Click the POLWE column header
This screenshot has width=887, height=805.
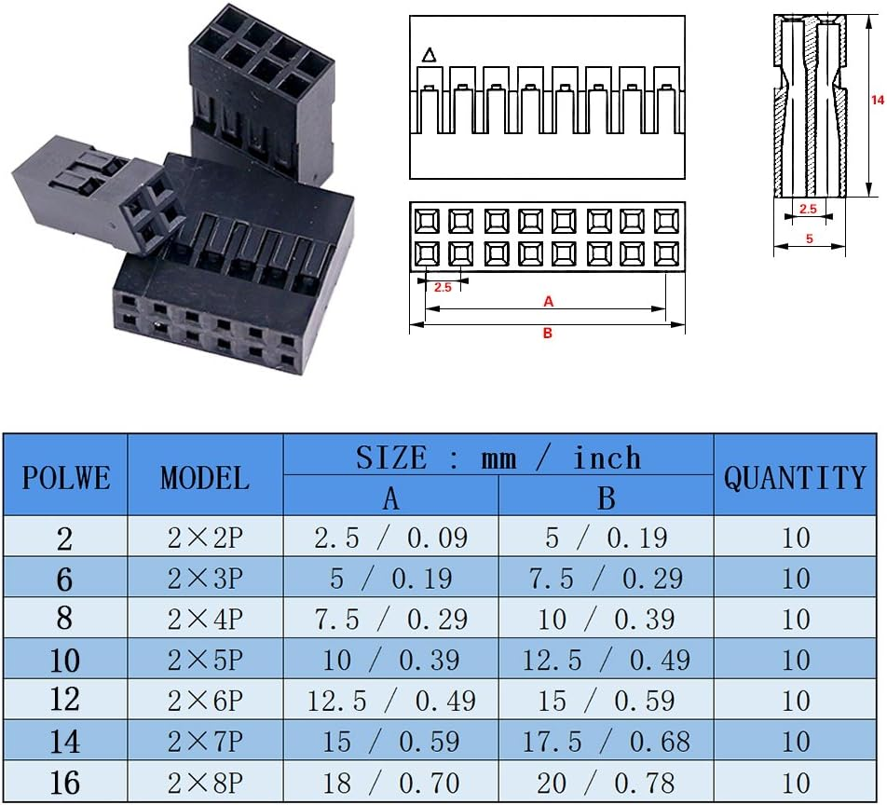pyautogui.click(x=65, y=476)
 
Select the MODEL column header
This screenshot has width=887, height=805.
pyautogui.click(x=205, y=476)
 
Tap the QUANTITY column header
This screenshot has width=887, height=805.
pyautogui.click(x=795, y=476)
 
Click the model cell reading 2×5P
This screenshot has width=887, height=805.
pyautogui.click(x=205, y=661)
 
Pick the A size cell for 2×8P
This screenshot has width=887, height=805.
pyautogui.click(x=391, y=784)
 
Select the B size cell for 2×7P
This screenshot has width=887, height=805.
pyautogui.click(x=607, y=742)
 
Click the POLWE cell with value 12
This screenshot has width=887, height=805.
pyautogui.click(x=65, y=701)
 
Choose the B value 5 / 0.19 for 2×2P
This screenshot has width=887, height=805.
pyautogui.click(x=607, y=538)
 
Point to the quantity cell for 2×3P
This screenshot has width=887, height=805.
pyautogui.click(x=795, y=579)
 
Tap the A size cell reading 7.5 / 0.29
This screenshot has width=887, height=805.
pyautogui.click(x=391, y=620)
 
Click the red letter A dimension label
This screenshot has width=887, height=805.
pyautogui.click(x=548, y=301)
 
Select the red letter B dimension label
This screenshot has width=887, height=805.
pyautogui.click(x=548, y=333)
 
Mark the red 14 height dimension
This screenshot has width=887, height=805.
pyautogui.click(x=876, y=100)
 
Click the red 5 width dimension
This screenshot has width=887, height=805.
pyautogui.click(x=809, y=239)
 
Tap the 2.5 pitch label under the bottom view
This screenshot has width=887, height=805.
pyautogui.click(x=443, y=287)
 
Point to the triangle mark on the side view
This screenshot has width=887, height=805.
pyautogui.click(x=429, y=55)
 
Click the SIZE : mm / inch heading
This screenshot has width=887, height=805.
pyautogui.click(x=498, y=457)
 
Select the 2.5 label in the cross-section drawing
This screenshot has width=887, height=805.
pyautogui.click(x=808, y=210)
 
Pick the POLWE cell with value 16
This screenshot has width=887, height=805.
pyautogui.click(x=65, y=784)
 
